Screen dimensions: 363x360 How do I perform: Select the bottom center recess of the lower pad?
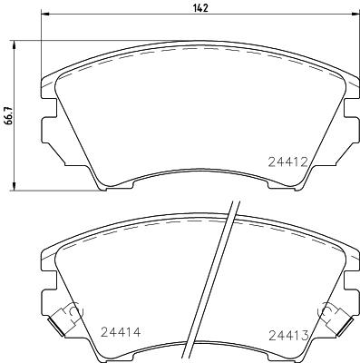[x=199, y=354]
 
